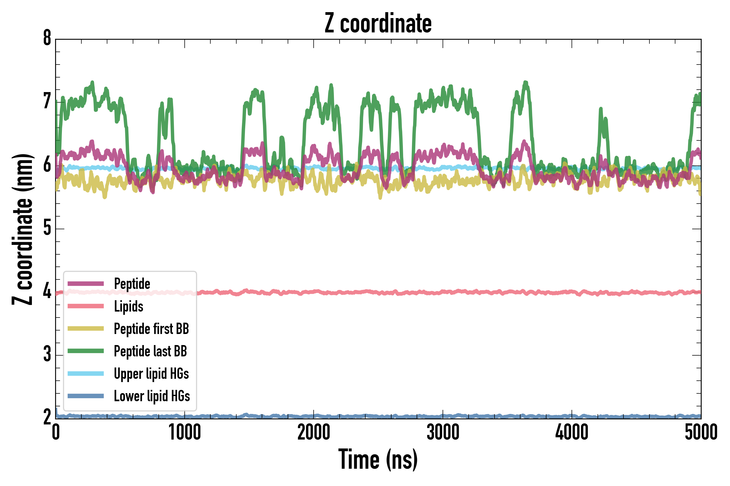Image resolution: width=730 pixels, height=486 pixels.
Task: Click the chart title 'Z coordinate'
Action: (378, 23)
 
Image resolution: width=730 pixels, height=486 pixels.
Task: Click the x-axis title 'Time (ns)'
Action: (378, 459)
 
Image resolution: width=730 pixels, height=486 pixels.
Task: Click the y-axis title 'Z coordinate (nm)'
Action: (22, 229)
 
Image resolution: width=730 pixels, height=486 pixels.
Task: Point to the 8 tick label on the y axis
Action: (47, 38)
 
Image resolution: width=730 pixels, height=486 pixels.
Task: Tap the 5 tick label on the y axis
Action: (47, 228)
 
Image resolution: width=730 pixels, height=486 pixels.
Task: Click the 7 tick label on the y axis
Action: (47, 102)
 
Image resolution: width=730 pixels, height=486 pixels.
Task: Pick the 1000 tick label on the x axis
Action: (185, 433)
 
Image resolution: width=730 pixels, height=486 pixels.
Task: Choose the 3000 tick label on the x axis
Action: (443, 433)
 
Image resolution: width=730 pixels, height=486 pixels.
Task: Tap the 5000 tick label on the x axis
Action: (701, 433)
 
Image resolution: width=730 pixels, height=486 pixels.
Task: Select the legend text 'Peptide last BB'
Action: (150, 351)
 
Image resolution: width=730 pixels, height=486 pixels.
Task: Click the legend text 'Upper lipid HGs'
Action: (151, 373)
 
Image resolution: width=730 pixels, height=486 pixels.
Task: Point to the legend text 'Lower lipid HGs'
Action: (152, 396)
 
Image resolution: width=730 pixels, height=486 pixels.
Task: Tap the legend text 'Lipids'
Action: (128, 306)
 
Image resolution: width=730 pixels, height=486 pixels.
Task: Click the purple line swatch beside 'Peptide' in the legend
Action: (86, 283)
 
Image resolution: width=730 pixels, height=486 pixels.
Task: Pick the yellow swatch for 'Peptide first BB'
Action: (86, 329)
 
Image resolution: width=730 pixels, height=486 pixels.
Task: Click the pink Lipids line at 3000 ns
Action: (443, 292)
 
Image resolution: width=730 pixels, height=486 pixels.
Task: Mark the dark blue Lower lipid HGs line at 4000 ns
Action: (572, 416)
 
